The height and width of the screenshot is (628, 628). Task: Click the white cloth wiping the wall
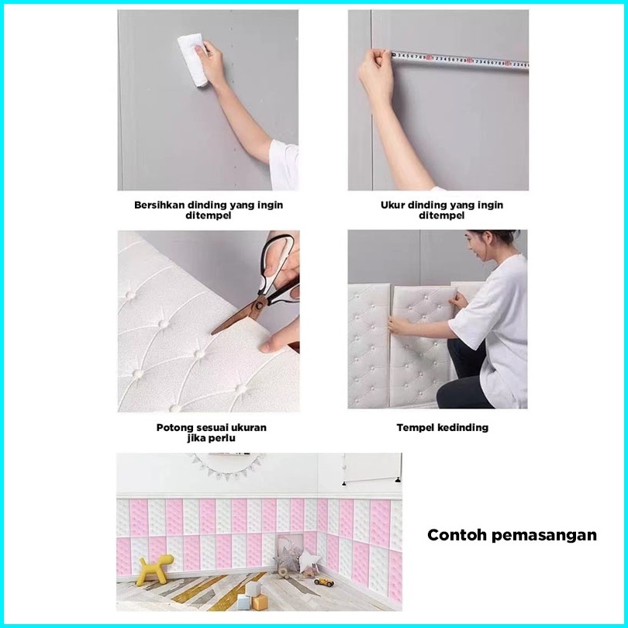pyautogui.click(x=192, y=59)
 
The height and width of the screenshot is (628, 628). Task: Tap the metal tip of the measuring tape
pyautogui.click(x=393, y=54)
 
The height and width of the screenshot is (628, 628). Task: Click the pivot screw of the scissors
pyautogui.click(x=258, y=305)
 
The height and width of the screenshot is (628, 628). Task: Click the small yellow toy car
pyautogui.click(x=324, y=581)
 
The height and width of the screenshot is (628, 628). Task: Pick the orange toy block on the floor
pyautogui.click(x=260, y=602)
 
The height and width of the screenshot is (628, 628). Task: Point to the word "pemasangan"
pyautogui.click(x=544, y=536)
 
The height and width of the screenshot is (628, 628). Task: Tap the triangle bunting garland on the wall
pyautogui.click(x=227, y=466)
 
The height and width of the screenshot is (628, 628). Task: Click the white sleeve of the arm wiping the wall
pyautogui.click(x=284, y=164)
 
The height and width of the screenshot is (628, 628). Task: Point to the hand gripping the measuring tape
pyautogui.click(x=375, y=75)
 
